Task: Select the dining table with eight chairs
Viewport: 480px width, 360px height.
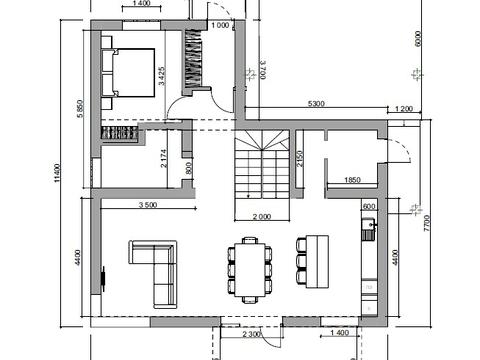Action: (x=250, y=270)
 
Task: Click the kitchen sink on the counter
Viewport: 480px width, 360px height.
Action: (x=369, y=229)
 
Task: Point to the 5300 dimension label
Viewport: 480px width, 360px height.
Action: (x=316, y=104)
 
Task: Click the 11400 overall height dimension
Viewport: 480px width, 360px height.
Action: (x=57, y=172)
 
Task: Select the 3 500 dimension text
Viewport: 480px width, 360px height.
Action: (x=148, y=205)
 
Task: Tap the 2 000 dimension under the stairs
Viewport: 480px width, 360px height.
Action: (x=262, y=217)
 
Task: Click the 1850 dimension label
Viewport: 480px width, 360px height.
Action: (x=352, y=180)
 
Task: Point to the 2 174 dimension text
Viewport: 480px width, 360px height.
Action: (x=164, y=158)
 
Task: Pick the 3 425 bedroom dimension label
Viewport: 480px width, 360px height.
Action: (x=162, y=76)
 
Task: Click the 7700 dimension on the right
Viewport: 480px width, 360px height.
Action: (x=427, y=223)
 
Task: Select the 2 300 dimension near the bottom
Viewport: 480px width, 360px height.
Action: (x=251, y=334)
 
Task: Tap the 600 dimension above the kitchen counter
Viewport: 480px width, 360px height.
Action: (x=369, y=207)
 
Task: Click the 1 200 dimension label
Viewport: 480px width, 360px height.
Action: (x=404, y=109)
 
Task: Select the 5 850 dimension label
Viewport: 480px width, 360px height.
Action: (x=80, y=109)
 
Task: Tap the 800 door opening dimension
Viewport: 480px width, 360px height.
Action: (x=189, y=168)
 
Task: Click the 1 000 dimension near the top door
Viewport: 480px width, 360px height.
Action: (x=220, y=25)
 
